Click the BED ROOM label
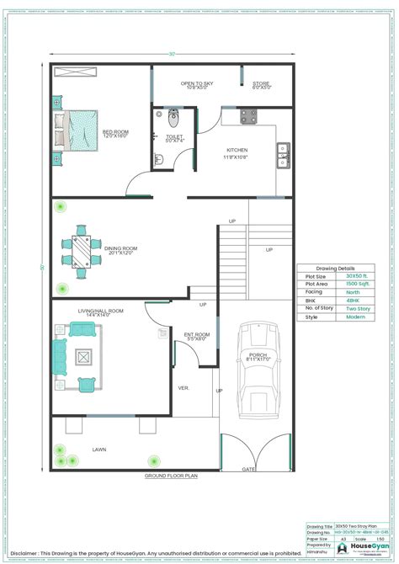pos(115,133)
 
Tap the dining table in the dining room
pos(81,250)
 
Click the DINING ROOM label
pos(120,249)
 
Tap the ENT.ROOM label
pos(196,334)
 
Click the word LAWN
pos(99,450)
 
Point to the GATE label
pos(248,469)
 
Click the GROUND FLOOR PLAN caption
pos(171,476)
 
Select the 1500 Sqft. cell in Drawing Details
pos(355,285)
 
